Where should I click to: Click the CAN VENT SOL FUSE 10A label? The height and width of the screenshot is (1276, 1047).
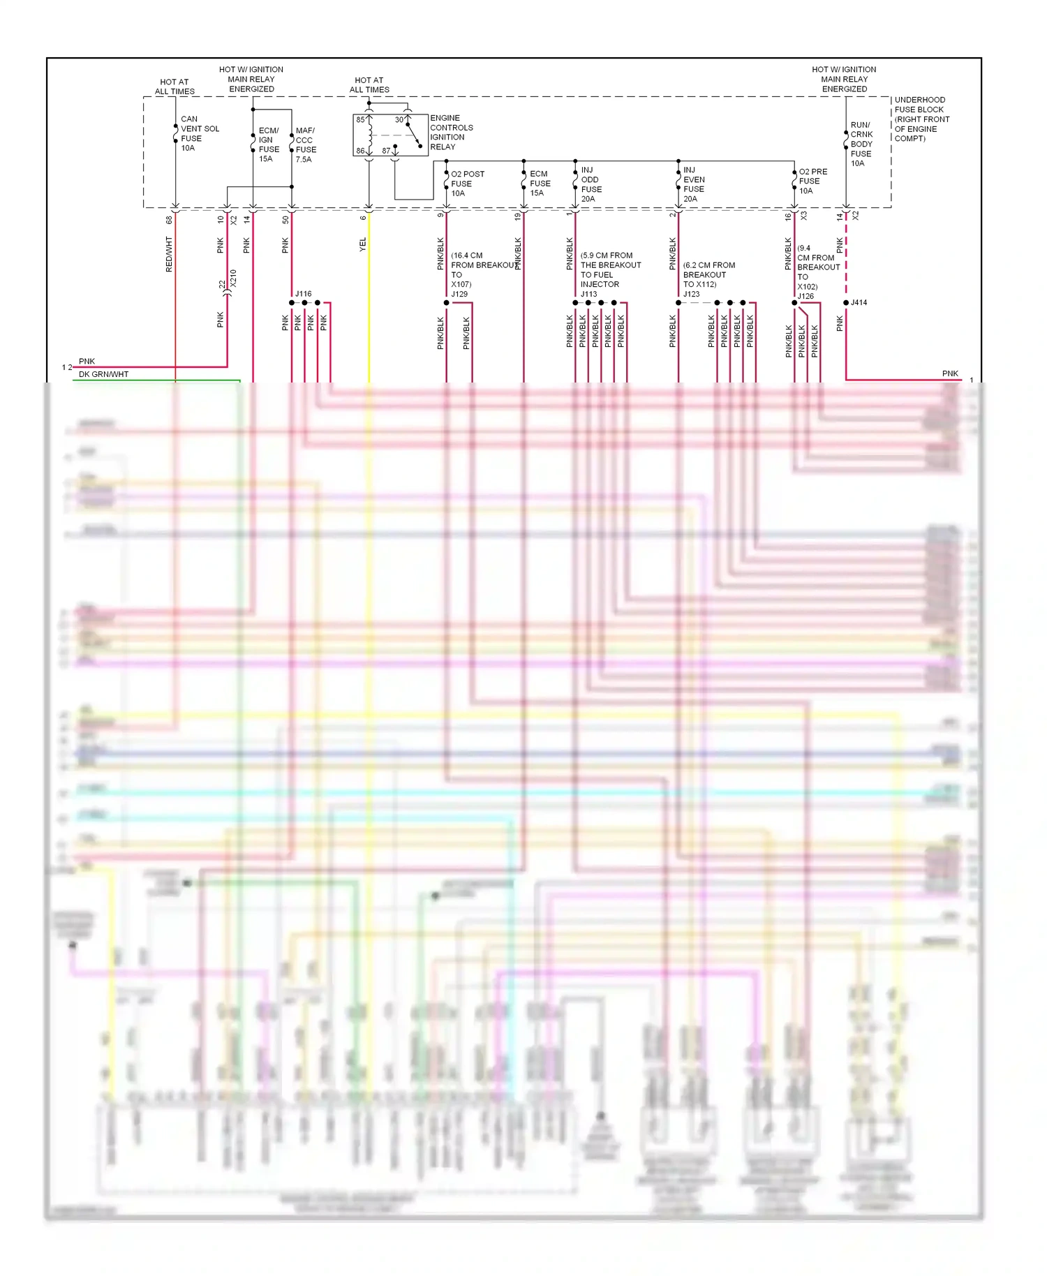click(x=199, y=133)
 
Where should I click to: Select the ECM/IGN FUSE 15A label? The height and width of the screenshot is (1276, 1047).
click(x=269, y=144)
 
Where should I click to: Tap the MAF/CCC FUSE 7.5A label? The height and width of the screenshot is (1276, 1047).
click(x=306, y=145)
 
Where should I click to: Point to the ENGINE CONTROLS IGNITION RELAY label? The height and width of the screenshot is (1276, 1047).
click(x=451, y=133)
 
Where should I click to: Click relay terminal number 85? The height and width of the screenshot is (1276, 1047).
click(x=360, y=120)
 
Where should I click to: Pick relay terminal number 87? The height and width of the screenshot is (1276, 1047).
click(x=386, y=151)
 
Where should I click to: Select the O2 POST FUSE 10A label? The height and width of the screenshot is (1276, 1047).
click(x=467, y=184)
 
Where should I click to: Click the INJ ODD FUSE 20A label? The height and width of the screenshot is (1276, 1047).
click(x=591, y=184)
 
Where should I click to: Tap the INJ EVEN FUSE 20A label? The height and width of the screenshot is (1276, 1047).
click(x=694, y=184)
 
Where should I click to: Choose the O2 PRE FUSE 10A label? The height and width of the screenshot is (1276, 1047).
click(x=812, y=181)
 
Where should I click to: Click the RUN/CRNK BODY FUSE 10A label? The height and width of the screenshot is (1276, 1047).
click(x=861, y=144)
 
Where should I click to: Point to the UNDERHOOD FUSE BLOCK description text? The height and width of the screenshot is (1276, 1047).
click(x=921, y=119)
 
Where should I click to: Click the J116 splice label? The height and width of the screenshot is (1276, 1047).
click(x=303, y=294)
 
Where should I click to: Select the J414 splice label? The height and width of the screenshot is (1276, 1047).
click(x=859, y=303)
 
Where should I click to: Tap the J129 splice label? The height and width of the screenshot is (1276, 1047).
click(x=459, y=294)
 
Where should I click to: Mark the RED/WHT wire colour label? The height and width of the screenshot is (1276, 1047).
click(x=169, y=254)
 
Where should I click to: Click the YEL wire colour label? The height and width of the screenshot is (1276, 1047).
click(x=363, y=244)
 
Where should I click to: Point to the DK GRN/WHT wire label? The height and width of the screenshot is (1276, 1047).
click(x=103, y=375)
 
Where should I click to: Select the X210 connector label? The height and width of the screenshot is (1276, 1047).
click(x=234, y=279)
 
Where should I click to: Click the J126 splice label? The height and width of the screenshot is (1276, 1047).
click(x=805, y=296)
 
